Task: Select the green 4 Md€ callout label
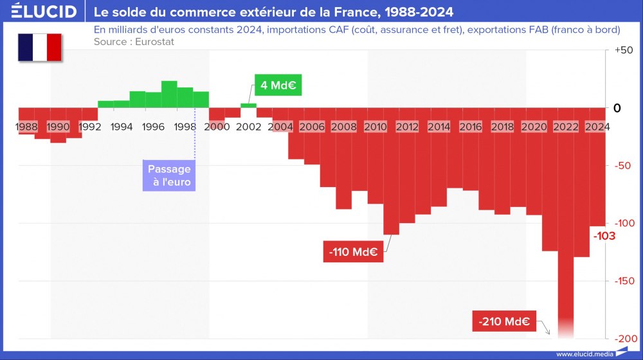coord(278,85)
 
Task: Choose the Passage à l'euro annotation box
coord(170,175)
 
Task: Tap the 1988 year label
coord(26,127)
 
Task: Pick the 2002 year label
coord(249,127)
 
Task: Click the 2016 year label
coord(471,127)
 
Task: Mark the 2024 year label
coord(597,127)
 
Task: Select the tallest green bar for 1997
coord(169,94)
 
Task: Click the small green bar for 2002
coord(249,105)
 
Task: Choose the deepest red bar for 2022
coord(566,225)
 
